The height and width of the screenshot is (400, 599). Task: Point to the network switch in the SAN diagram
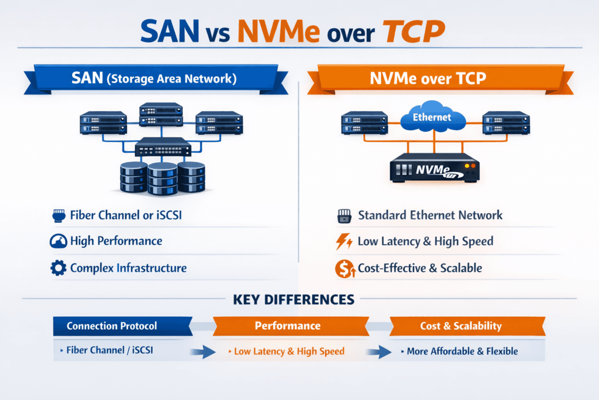click(x=163, y=148)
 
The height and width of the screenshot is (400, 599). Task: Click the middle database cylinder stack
click(x=163, y=179)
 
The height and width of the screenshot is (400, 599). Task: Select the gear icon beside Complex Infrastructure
click(x=58, y=269)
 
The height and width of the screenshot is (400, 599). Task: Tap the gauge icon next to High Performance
click(x=58, y=241)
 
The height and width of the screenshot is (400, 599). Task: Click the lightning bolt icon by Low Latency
click(x=344, y=241)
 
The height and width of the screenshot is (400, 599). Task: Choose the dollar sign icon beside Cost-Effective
click(x=343, y=269)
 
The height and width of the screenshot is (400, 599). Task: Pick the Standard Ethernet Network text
click(x=430, y=215)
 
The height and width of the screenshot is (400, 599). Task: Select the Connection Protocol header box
click(x=121, y=326)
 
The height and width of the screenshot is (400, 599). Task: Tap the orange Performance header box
click(x=287, y=326)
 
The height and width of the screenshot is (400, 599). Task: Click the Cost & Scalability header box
click(x=460, y=326)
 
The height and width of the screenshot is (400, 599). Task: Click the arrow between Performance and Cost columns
click(x=378, y=352)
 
